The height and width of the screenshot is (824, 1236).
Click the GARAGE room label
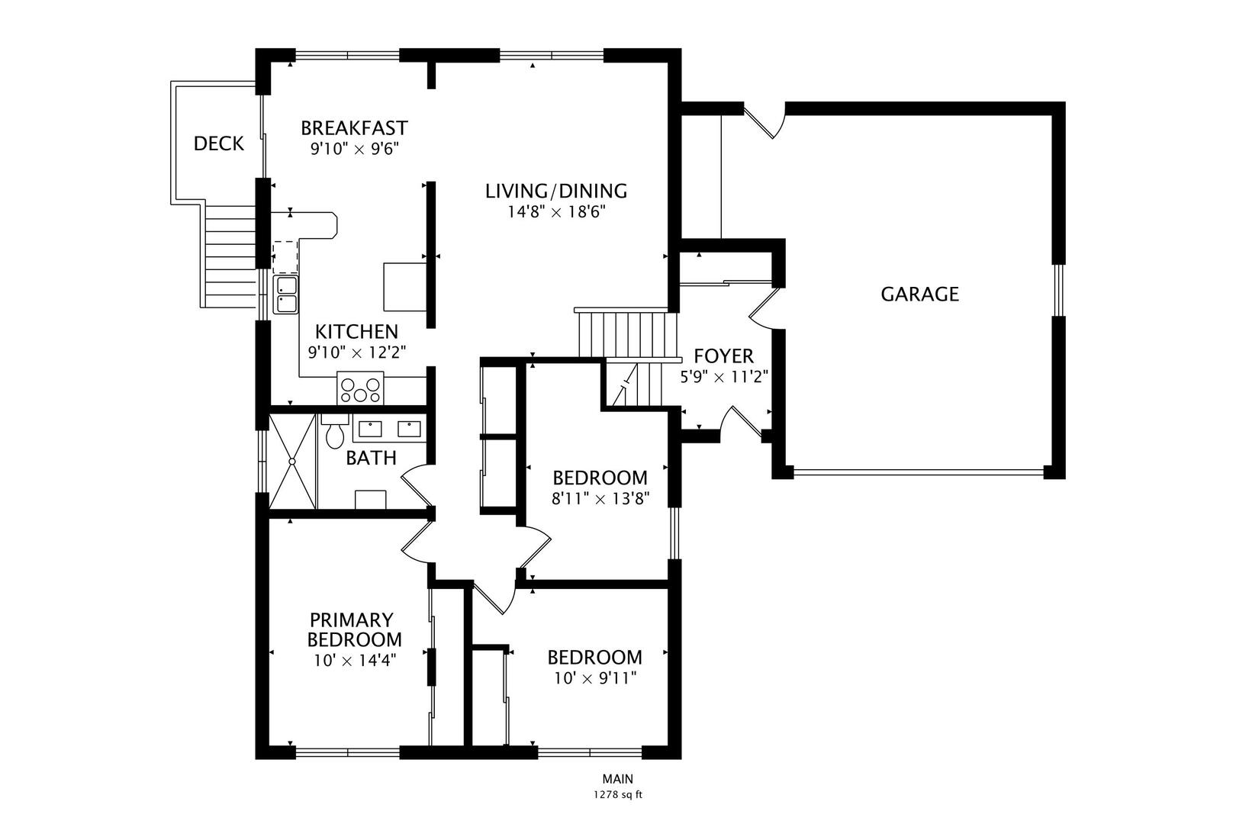(919, 295)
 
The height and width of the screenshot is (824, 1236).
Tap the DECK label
(218, 143)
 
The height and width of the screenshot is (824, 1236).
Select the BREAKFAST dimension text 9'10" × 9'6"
(355, 149)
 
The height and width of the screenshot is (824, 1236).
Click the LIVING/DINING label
(556, 191)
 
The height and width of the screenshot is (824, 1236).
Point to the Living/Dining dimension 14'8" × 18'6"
(556, 211)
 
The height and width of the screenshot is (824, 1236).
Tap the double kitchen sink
(286, 295)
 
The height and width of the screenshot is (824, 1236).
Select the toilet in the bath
(334, 434)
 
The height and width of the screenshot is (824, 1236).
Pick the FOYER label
(723, 356)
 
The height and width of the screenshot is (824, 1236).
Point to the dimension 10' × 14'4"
(354, 660)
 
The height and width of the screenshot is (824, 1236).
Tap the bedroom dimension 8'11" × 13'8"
(600, 499)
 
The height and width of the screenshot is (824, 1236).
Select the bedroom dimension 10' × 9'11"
(594, 678)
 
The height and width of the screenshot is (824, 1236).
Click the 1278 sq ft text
(618, 795)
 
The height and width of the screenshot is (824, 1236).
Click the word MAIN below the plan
(617, 779)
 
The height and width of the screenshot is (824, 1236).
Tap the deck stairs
(229, 256)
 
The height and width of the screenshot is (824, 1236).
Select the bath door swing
(417, 486)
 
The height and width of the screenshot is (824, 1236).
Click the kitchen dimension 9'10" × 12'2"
(356, 352)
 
